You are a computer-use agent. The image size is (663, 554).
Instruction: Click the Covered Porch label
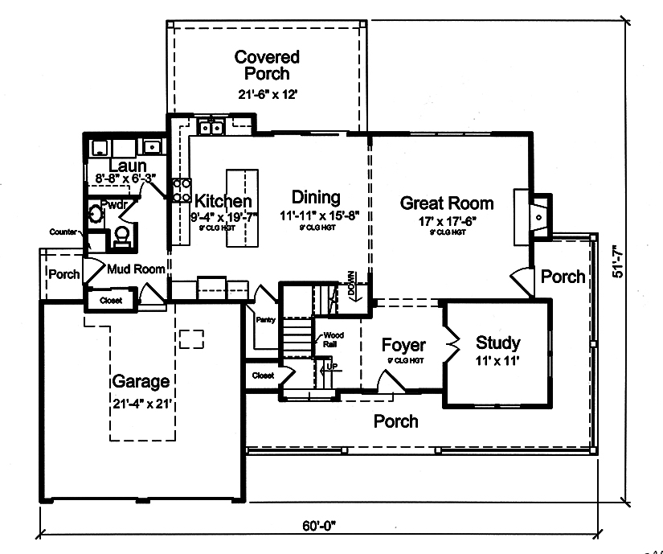click(x=267, y=65)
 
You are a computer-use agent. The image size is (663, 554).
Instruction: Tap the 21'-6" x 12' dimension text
click(x=267, y=93)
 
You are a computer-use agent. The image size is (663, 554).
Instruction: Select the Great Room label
click(x=447, y=203)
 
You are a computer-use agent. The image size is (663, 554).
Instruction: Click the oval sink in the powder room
click(x=96, y=215)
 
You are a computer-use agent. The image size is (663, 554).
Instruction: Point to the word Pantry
click(x=266, y=319)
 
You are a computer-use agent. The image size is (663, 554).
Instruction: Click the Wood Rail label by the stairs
click(x=334, y=339)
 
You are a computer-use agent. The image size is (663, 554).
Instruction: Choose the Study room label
click(x=497, y=343)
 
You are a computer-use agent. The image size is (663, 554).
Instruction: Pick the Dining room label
click(x=316, y=197)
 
